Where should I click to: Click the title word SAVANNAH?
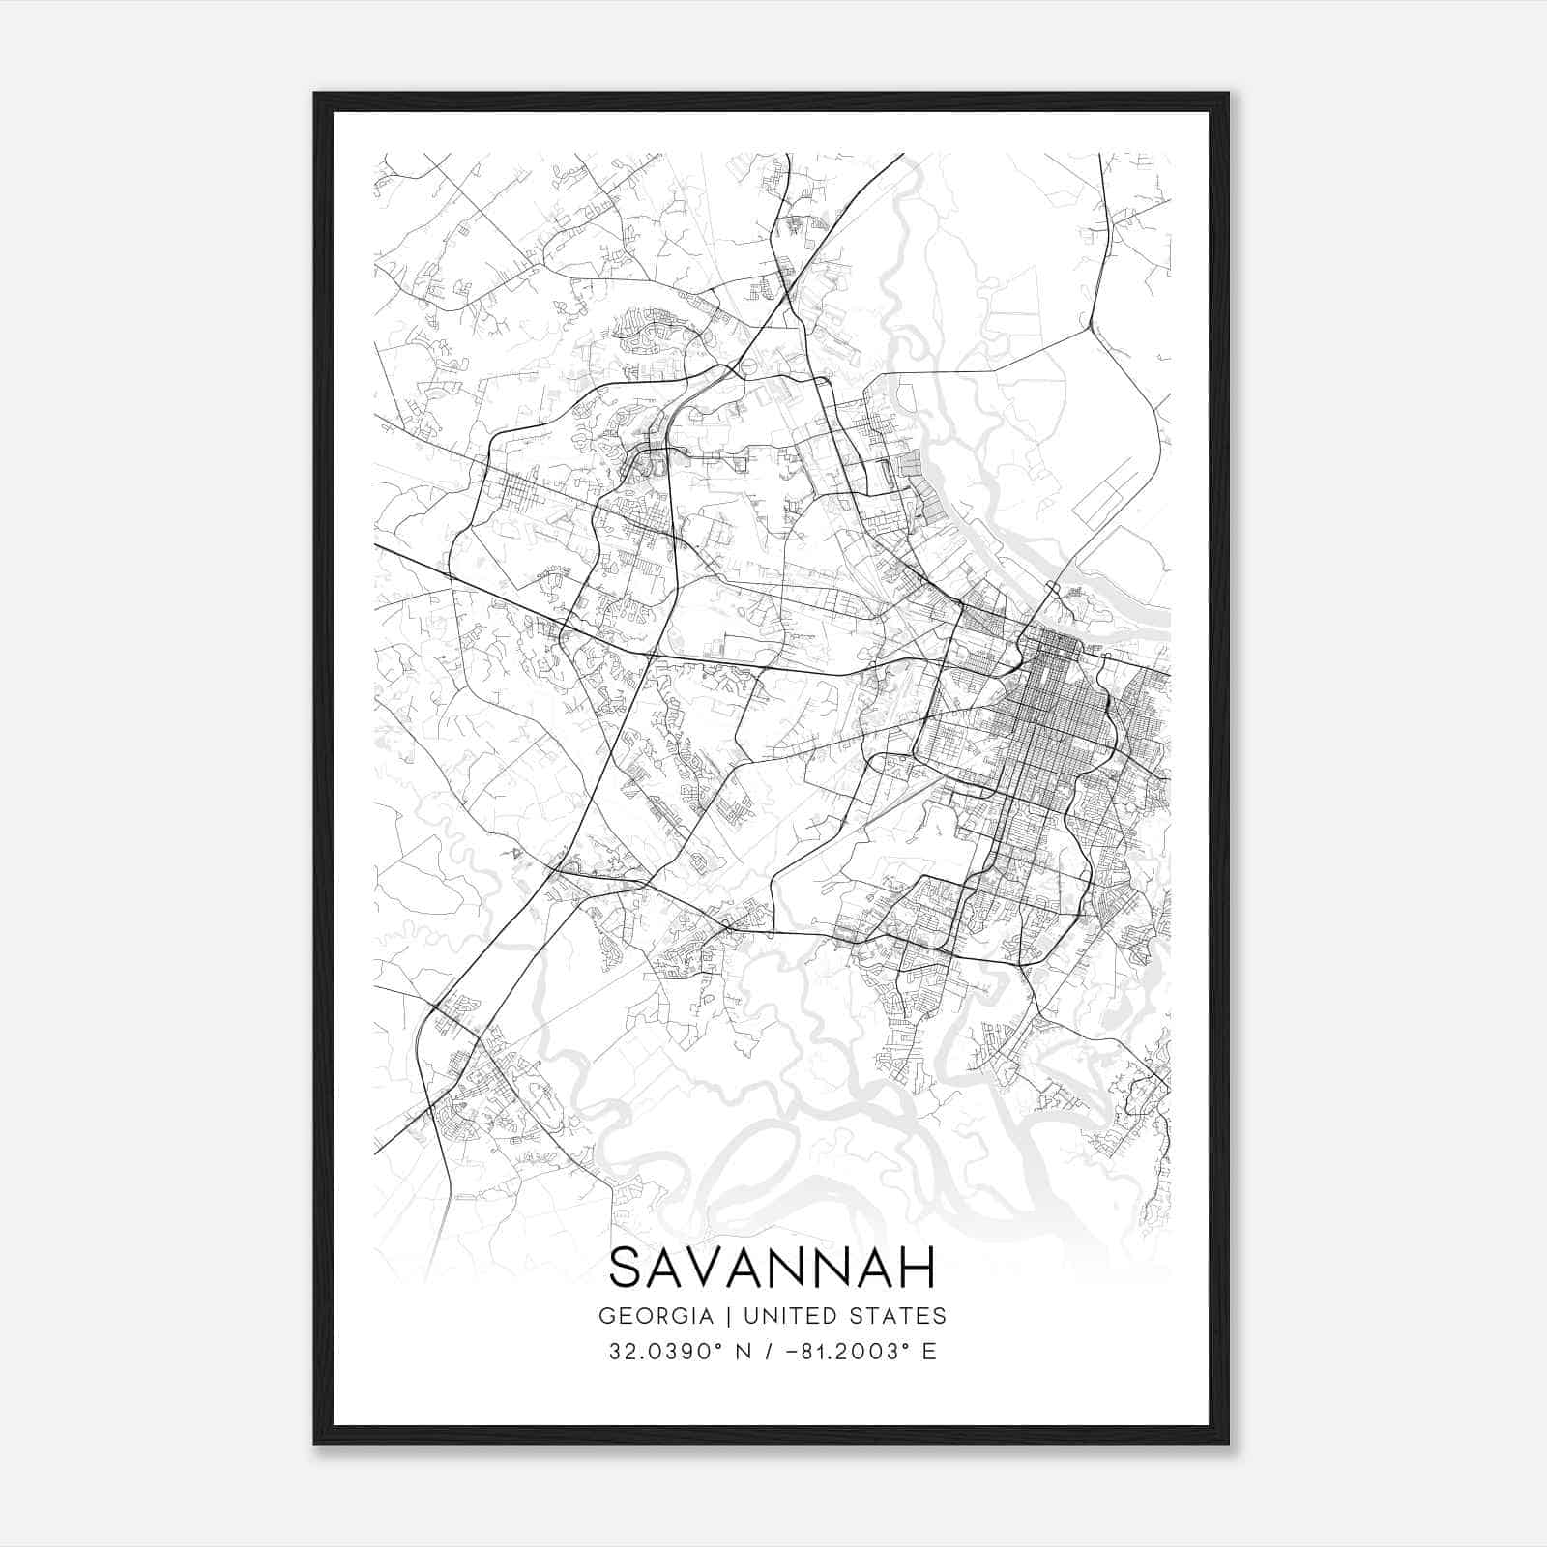pos(773,1267)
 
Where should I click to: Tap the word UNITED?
pos(784,1316)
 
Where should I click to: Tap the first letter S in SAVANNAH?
pos(626,1267)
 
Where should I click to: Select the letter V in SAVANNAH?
pos(716,1267)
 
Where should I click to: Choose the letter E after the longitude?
pos(929,1352)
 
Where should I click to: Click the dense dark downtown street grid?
pos(1059,706)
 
